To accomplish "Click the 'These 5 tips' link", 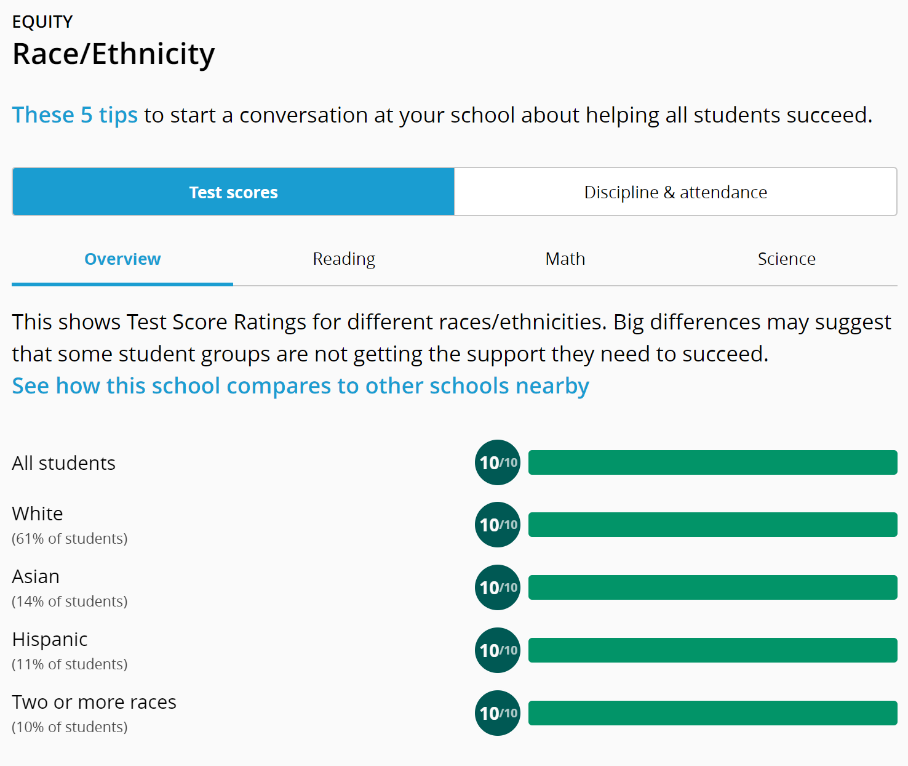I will point(74,115).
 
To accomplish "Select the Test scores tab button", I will point(233,192).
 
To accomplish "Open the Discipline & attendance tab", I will point(675,192).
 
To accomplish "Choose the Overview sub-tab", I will point(122,259).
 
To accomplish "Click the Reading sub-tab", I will point(344,259).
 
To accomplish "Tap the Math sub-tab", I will point(565,259).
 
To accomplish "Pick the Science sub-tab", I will point(786,259).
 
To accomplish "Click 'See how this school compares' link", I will point(300,386).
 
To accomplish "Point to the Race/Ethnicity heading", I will point(114,54).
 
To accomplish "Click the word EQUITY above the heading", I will point(42,22).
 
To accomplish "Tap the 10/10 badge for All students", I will point(498,462).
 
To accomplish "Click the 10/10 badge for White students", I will point(498,525).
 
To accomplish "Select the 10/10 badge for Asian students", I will point(498,587).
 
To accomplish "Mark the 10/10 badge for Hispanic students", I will point(498,650).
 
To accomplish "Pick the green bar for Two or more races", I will point(712,713).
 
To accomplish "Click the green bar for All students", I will point(712,462).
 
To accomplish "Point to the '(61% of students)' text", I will point(70,539).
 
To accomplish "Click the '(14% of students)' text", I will point(70,602).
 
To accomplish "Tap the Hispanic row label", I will point(50,640).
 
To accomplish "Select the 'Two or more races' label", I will point(94,703).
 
